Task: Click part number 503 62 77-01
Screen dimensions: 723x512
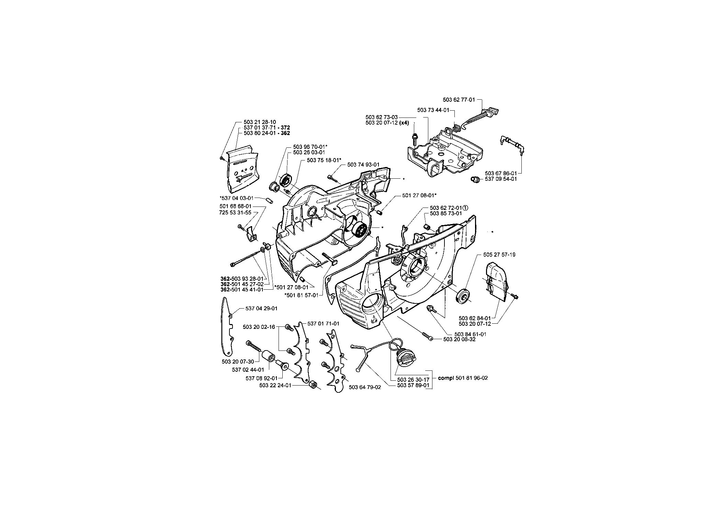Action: coord(459,100)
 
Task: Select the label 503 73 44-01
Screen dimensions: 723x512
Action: coord(433,110)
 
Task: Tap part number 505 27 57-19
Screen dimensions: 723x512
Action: coord(499,255)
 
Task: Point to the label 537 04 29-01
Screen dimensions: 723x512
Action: coord(261,309)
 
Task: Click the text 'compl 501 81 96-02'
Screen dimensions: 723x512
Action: coord(463,378)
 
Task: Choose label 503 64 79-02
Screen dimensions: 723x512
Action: coord(365,387)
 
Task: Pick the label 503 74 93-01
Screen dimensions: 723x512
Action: coord(363,165)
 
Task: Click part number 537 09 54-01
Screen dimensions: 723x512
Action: coord(501,179)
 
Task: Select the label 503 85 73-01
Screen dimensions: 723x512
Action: coord(446,213)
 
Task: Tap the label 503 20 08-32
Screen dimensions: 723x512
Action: coord(460,339)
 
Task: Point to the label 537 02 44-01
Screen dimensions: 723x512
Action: coord(248,370)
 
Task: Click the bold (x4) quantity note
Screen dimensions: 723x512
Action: coord(404,123)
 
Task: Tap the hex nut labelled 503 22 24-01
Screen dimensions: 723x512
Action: coord(313,385)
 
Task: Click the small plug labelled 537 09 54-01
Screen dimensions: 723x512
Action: coord(475,179)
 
